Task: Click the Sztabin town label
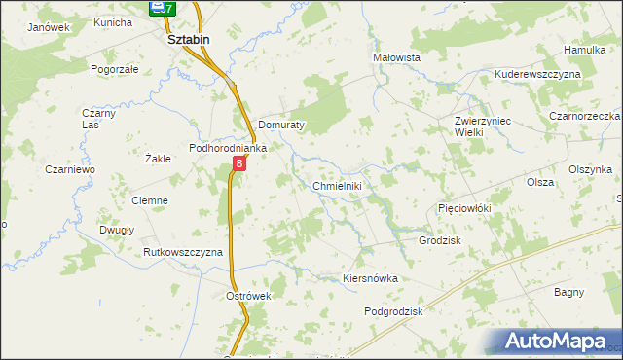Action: click(x=189, y=39)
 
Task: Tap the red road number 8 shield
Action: click(x=239, y=165)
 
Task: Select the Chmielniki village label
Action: click(x=337, y=186)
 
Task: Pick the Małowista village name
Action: click(x=397, y=57)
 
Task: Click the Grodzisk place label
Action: click(x=439, y=240)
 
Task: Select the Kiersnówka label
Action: click(x=371, y=278)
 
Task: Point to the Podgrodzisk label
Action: click(x=395, y=311)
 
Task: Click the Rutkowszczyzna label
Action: click(x=183, y=252)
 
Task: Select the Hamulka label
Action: click(x=584, y=50)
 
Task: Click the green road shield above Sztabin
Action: click(x=162, y=9)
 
